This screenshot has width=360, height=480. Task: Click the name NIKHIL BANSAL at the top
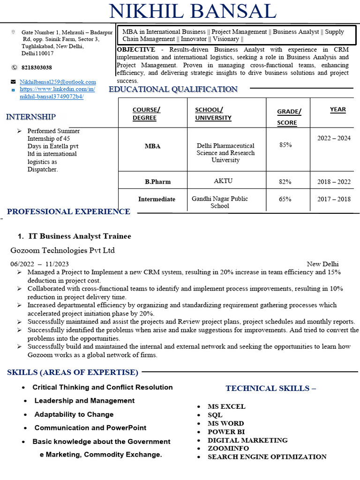tap(192, 12)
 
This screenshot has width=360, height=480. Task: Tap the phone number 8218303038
tap(37, 67)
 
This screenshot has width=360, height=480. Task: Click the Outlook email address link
tap(58, 82)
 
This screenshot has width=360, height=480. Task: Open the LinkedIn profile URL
tap(57, 93)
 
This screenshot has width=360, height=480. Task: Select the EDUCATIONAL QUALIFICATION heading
tap(173, 89)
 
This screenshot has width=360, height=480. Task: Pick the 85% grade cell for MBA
tap(285, 145)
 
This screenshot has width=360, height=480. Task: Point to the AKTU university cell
tap(223, 181)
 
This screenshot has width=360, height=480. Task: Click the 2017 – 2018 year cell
tap(334, 199)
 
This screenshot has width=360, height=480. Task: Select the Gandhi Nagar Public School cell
tap(220, 202)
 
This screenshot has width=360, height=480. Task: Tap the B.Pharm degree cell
tap(157, 181)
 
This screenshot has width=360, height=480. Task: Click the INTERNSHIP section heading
tap(31, 117)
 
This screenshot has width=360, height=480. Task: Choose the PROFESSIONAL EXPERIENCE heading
tap(68, 212)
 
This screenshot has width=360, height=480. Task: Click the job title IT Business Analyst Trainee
tap(80, 236)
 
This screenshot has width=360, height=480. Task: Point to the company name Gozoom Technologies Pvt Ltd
tap(62, 250)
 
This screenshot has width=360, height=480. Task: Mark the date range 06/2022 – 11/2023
tap(39, 264)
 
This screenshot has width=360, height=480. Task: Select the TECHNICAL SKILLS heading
tap(270, 388)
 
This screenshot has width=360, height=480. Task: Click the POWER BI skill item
tap(226, 432)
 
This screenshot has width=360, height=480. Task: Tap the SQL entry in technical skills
tap(215, 415)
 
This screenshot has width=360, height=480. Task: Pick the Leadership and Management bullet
tap(84, 401)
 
